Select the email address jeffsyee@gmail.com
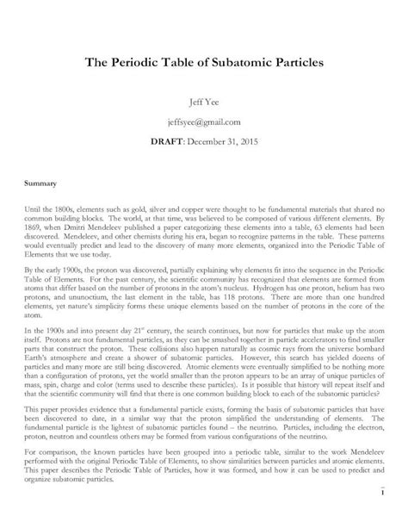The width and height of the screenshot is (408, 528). pos(204,122)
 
